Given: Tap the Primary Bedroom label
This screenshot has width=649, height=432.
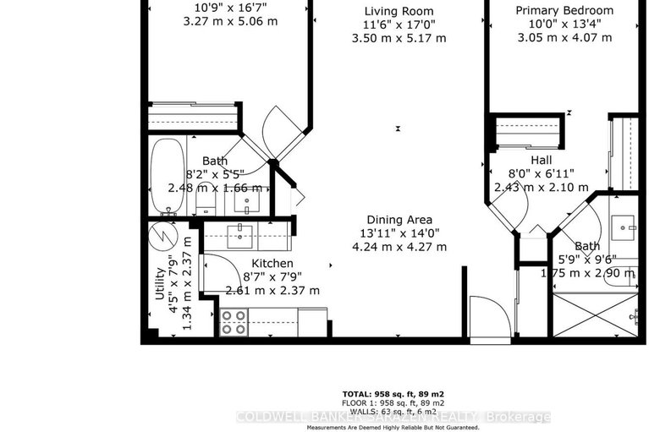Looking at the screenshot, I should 564,9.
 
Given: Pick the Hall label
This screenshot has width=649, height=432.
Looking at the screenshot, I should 542,159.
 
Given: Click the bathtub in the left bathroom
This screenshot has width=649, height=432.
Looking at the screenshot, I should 164,178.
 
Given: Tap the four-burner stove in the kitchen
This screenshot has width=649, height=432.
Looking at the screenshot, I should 234,322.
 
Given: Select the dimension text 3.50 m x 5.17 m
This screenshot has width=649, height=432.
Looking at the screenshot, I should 399,38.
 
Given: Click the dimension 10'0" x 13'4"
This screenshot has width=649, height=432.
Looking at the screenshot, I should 564,24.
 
